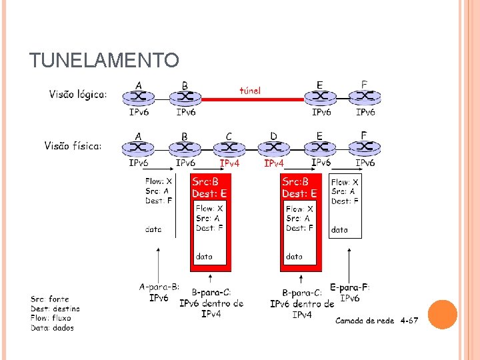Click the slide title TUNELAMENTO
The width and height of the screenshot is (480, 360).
104,61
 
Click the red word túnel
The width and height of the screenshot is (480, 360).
250,90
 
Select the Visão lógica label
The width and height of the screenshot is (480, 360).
78,95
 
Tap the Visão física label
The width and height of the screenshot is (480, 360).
73,145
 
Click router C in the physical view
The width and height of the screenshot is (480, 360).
229,147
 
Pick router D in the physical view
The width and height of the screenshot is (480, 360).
274,147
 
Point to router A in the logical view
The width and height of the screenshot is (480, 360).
139,97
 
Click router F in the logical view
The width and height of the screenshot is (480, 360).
364,97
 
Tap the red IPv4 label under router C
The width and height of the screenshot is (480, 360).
229,162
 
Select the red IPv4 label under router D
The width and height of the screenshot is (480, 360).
274,163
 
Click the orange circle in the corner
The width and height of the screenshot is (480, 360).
442,314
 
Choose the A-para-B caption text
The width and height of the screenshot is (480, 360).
159,287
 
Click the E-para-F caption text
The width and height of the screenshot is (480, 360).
350,288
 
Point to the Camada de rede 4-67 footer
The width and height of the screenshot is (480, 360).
377,321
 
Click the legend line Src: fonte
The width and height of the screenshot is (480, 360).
50,299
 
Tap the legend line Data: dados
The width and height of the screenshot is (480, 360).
52,327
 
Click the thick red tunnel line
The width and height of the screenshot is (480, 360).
253,99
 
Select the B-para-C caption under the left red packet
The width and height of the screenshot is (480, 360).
211,291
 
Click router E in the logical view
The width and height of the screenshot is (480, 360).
321,97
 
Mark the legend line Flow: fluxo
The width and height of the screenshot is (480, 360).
51,318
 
